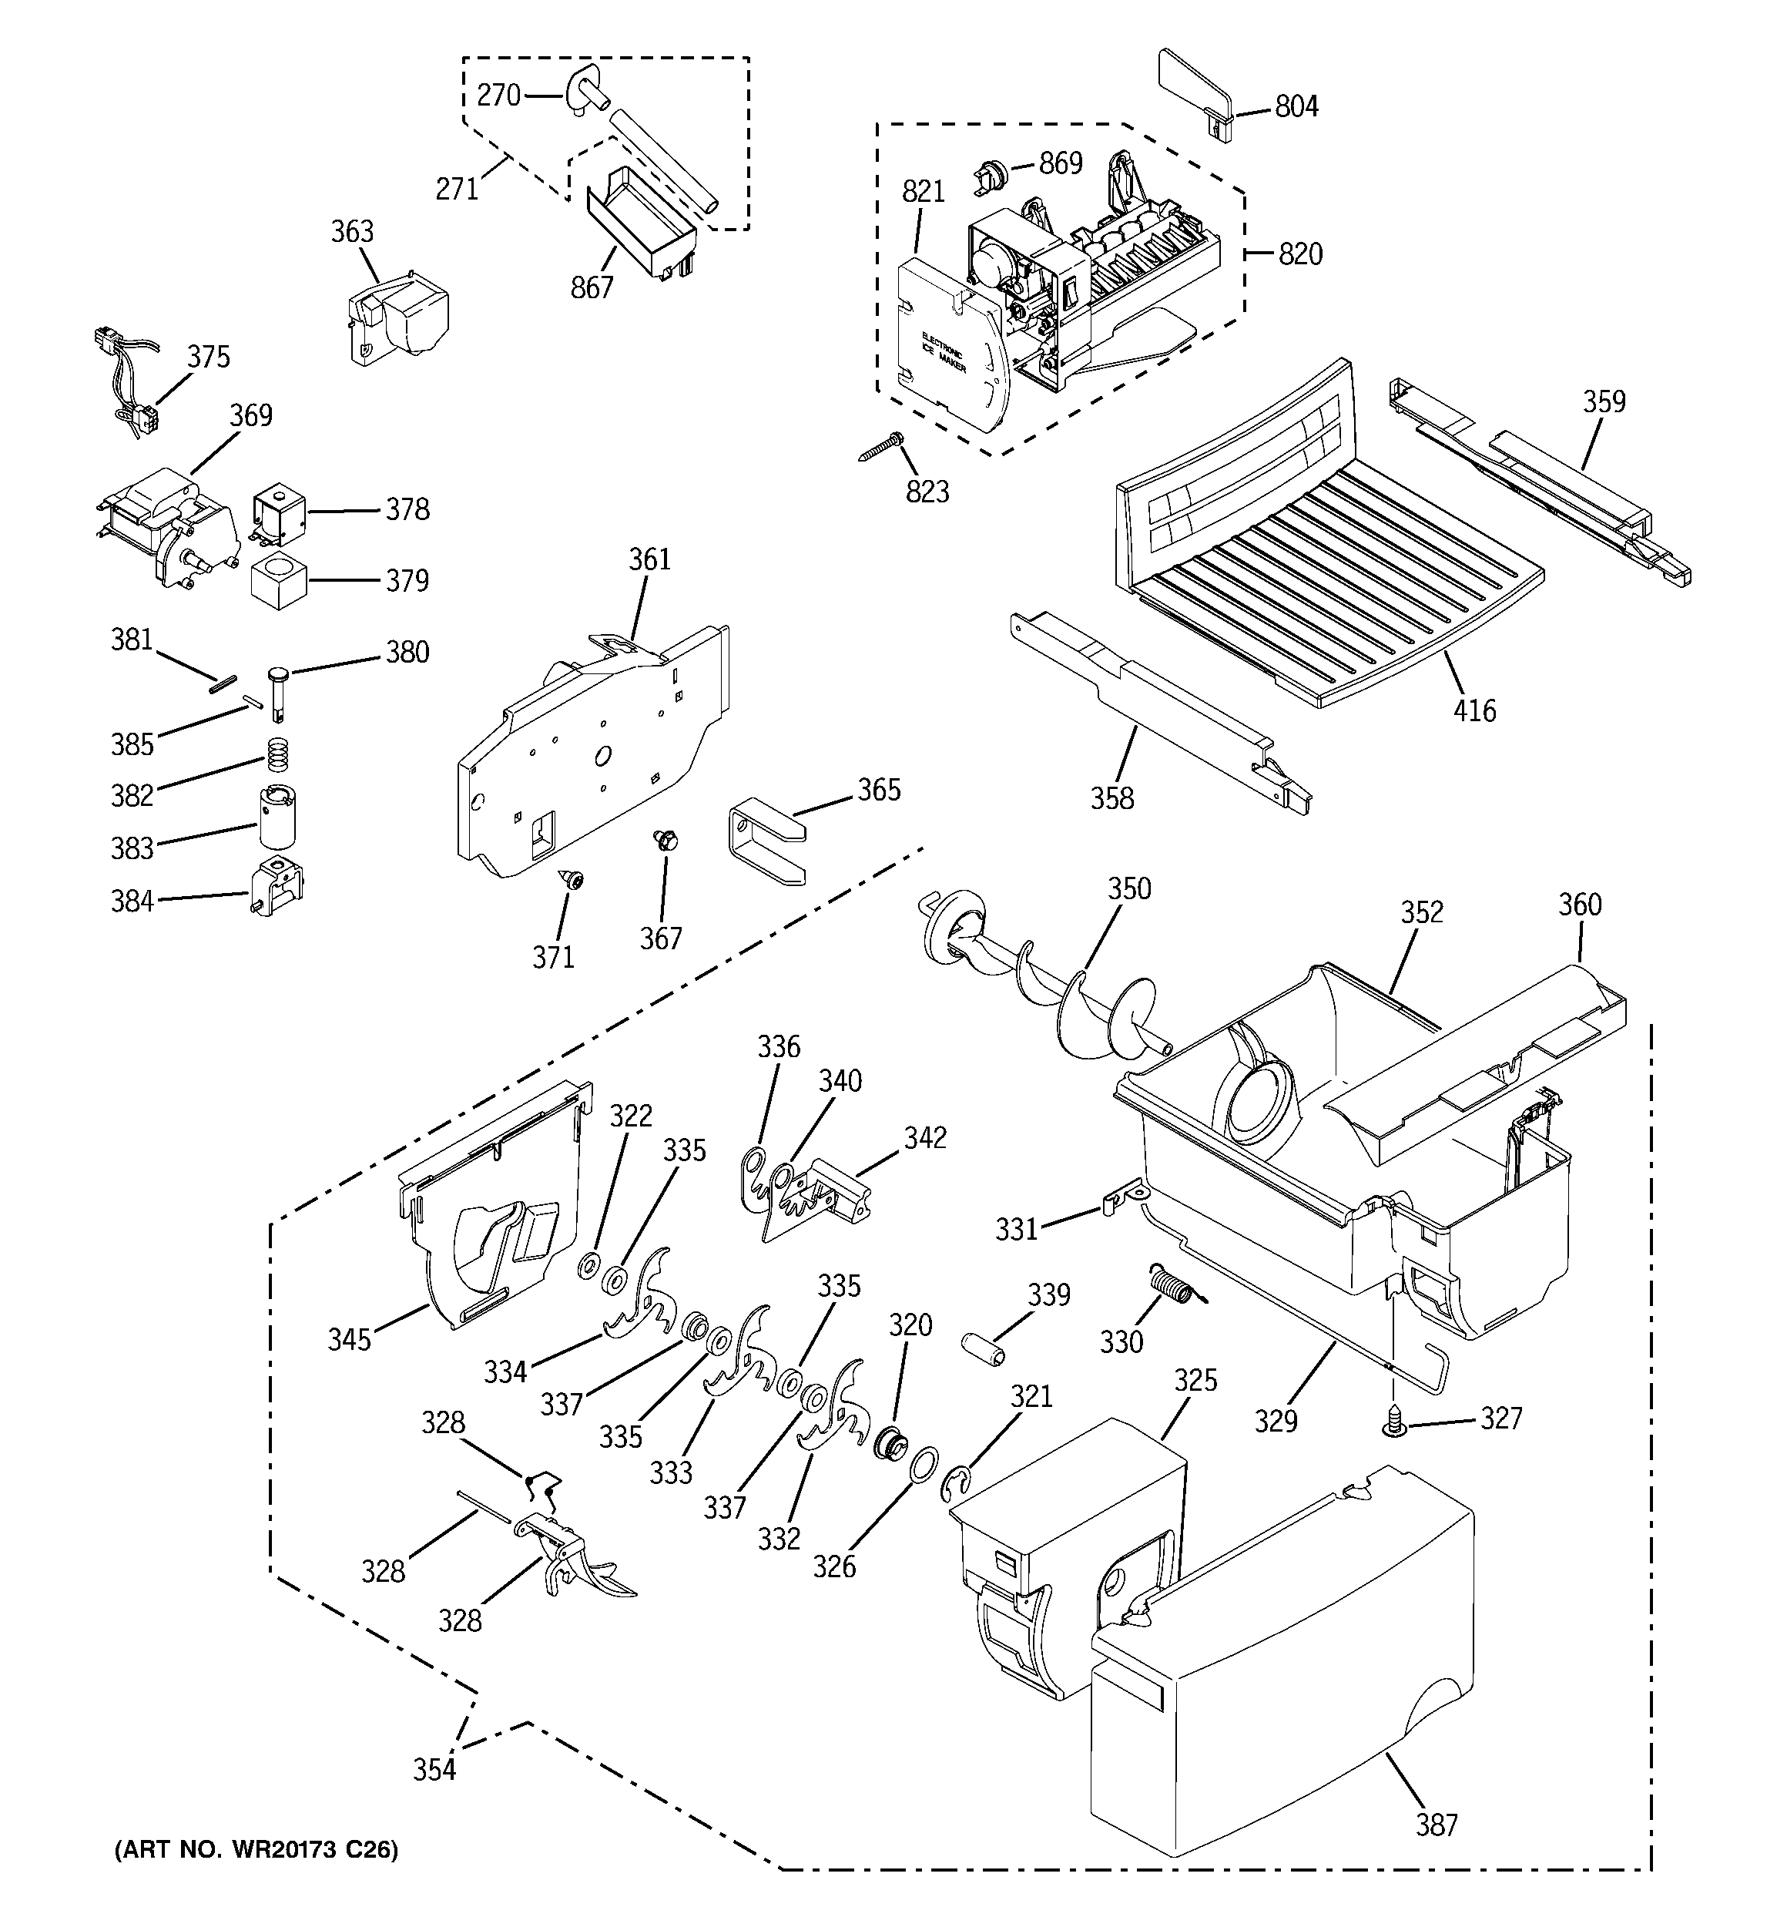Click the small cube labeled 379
[277, 579]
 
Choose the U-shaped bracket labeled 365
[766, 842]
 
